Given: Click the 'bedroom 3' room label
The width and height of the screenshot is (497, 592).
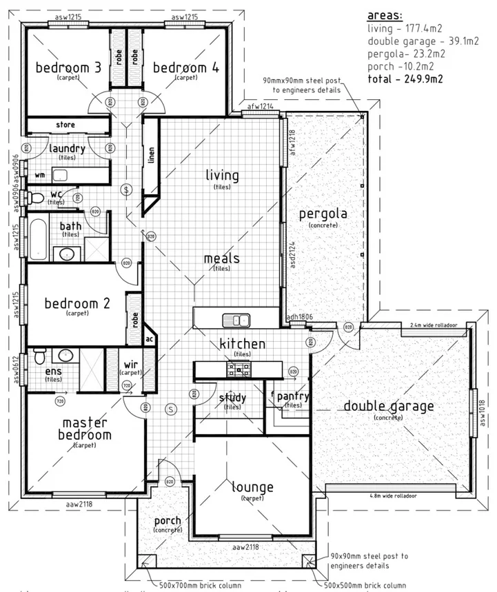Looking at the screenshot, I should pos(68,68).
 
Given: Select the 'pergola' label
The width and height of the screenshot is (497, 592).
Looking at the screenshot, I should pos(323,214).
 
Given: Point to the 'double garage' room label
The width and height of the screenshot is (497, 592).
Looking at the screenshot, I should pos(389,406).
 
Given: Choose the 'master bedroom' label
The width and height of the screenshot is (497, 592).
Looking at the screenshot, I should pos(86,429).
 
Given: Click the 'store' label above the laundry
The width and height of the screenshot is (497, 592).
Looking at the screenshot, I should pos(65,125).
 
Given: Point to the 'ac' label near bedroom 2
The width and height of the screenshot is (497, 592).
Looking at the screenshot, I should pos(148,338).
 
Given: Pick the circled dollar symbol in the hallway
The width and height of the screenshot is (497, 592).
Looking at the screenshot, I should pos(125,189).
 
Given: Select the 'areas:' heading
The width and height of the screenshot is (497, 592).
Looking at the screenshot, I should pos(386,15).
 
